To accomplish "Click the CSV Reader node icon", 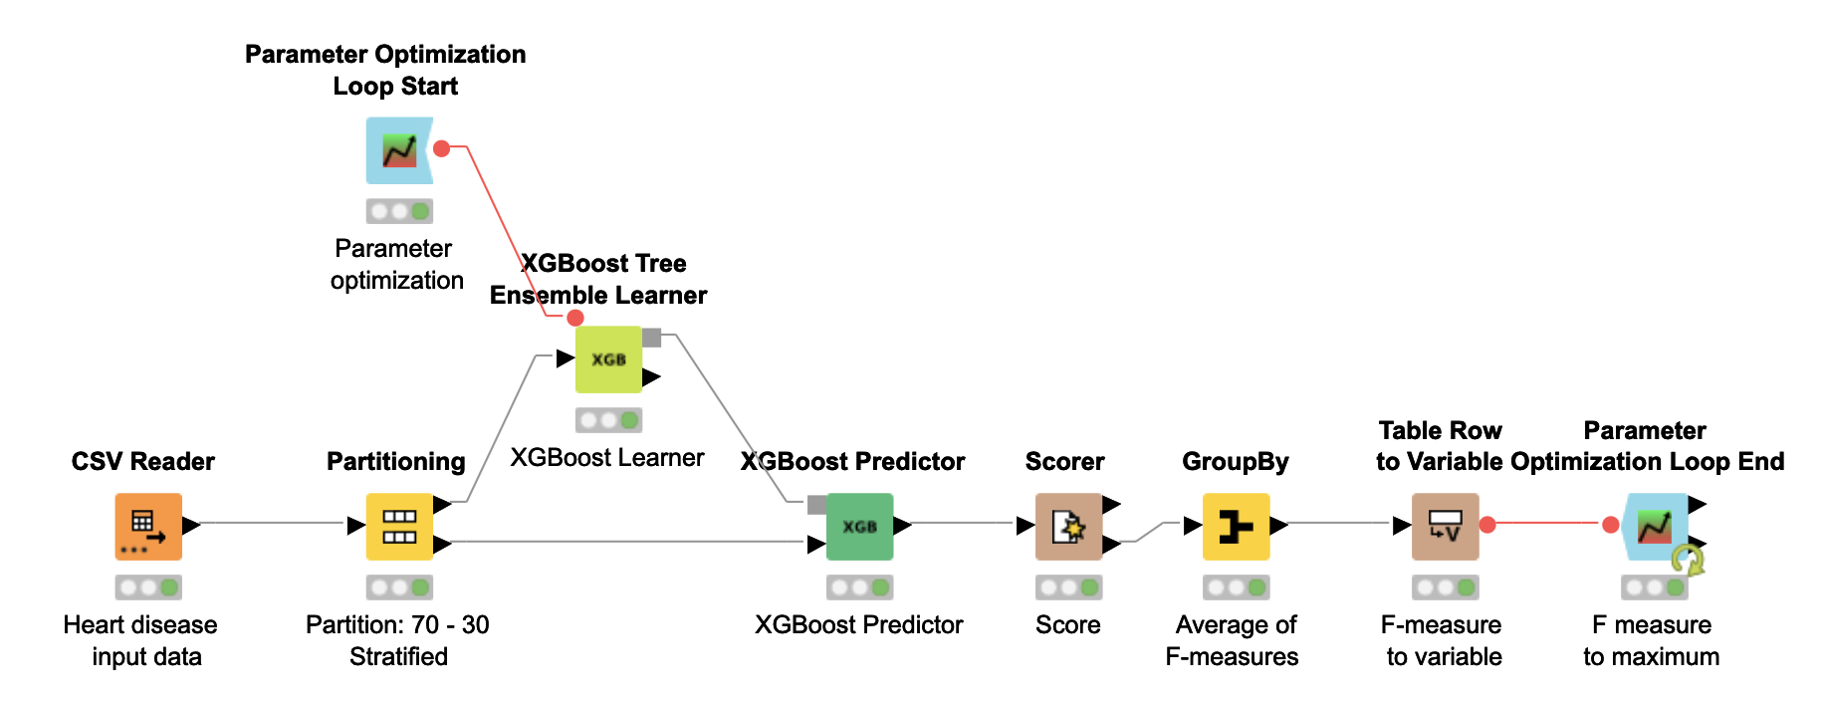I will click(148, 526).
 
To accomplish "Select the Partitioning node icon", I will click(399, 526).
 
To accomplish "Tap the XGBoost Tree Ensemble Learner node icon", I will click(608, 359).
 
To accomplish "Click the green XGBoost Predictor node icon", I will click(859, 526).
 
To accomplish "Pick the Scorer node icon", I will click(1068, 526).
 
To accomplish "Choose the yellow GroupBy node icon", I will click(1236, 526).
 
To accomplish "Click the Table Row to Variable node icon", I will click(1445, 526).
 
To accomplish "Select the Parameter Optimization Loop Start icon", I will click(399, 150).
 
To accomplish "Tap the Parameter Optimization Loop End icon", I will click(1655, 526).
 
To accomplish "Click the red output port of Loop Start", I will click(442, 148).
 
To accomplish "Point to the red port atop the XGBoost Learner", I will click(574, 318).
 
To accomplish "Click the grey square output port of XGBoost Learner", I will click(652, 338).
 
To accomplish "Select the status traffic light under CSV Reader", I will click(148, 587).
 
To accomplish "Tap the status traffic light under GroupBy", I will click(1236, 587).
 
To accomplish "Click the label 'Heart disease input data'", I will click(140, 640).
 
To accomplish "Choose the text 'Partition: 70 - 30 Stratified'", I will click(397, 640).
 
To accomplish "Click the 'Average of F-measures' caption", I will click(1234, 640).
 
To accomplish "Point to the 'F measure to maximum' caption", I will click(1652, 640).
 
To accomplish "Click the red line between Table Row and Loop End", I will click(1548, 523).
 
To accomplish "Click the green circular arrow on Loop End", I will click(1688, 561).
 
